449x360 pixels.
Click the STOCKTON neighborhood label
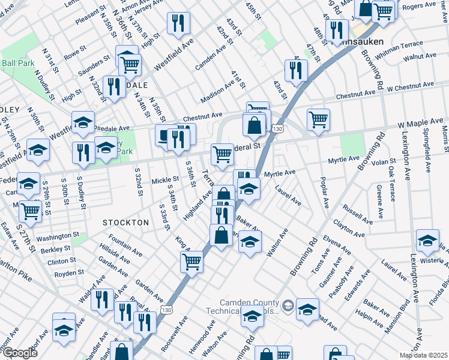point(125,223)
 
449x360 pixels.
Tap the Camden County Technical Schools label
point(249,308)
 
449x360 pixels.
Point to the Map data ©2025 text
point(423,355)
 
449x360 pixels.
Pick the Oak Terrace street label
point(391,187)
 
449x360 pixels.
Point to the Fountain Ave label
point(126,249)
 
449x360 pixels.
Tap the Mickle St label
point(165,179)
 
